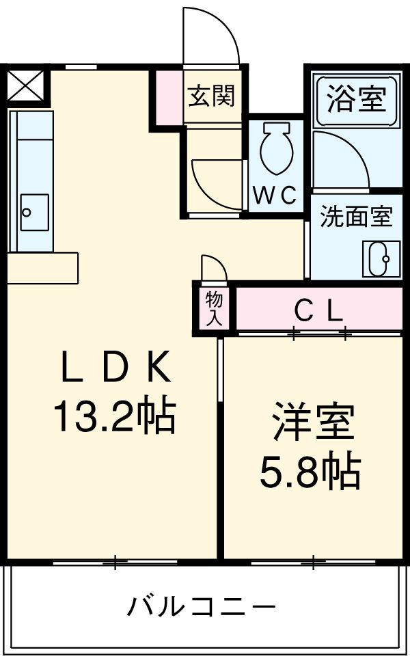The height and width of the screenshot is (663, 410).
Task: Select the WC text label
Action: (275, 195)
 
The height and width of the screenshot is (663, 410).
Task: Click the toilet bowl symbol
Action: (277, 147)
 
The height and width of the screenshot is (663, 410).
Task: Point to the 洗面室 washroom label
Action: (357, 217)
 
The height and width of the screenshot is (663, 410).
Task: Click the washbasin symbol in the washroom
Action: (378, 258)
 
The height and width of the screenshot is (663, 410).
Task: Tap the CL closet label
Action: (318, 312)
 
